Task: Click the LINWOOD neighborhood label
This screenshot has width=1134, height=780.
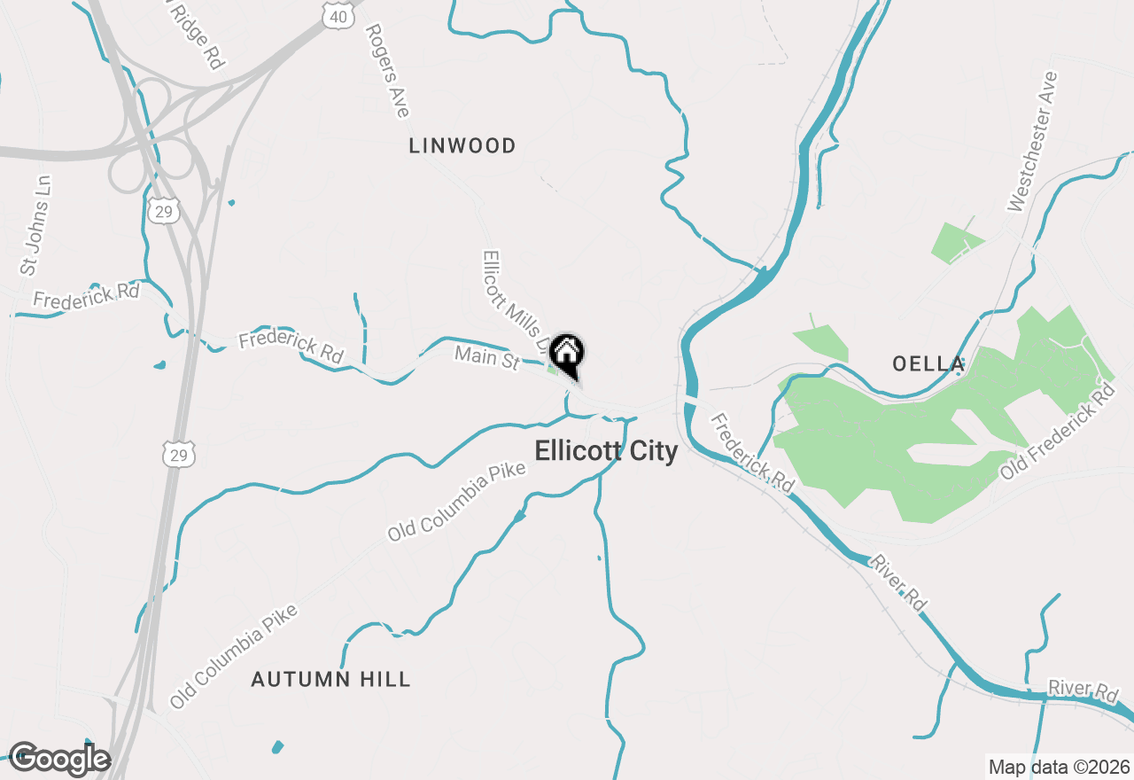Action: pyautogui.click(x=462, y=146)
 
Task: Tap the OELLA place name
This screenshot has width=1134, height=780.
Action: pyautogui.click(x=928, y=363)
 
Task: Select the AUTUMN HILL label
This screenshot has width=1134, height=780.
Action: pyautogui.click(x=330, y=680)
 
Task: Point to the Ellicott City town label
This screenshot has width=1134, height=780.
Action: pyautogui.click(x=606, y=451)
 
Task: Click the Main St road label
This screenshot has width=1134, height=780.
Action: pyautogui.click(x=486, y=358)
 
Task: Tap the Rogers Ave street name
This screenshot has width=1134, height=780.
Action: pyautogui.click(x=387, y=71)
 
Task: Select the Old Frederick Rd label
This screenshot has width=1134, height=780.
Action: pyautogui.click(x=1057, y=433)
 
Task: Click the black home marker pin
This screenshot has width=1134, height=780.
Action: pyautogui.click(x=567, y=355)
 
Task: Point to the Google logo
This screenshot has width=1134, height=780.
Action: pyautogui.click(x=59, y=760)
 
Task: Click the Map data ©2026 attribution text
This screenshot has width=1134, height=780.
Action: pyautogui.click(x=1059, y=767)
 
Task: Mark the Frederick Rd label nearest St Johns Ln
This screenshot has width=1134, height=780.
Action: pyautogui.click(x=86, y=296)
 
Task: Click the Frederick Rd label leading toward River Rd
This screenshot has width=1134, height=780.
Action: pyautogui.click(x=752, y=453)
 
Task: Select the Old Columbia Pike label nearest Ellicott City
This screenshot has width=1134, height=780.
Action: pyautogui.click(x=456, y=502)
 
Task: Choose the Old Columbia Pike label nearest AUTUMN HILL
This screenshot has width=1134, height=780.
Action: pyautogui.click(x=234, y=658)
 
